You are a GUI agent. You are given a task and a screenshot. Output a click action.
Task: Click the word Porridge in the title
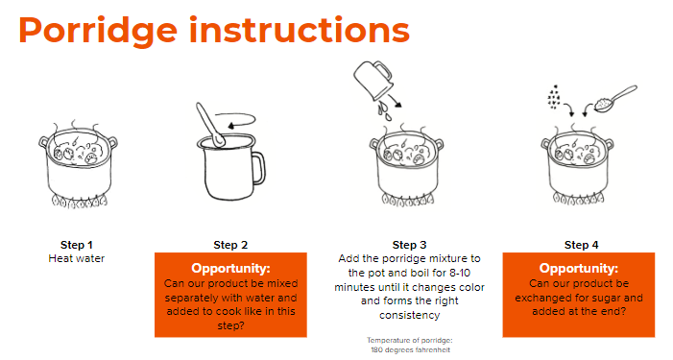pyautogui.click(x=98, y=32)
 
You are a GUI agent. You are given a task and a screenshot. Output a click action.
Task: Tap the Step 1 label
pyautogui.click(x=77, y=245)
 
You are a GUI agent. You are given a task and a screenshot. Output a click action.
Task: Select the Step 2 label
pyautogui.click(x=230, y=245)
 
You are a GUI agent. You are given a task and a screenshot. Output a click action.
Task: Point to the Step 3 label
pyautogui.click(x=410, y=245)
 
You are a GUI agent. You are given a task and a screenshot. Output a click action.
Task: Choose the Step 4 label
pyautogui.click(x=581, y=245)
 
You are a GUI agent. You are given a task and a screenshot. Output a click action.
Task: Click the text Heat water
pyautogui.click(x=77, y=258)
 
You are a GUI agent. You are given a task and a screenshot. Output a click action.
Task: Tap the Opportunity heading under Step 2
pyautogui.click(x=231, y=268)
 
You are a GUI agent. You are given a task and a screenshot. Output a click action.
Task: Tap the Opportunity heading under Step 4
pyautogui.click(x=579, y=268)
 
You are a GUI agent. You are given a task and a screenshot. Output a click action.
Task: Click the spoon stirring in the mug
pyautogui.click(x=210, y=125)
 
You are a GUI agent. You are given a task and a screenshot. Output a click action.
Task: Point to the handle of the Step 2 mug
pyautogui.click(x=259, y=169)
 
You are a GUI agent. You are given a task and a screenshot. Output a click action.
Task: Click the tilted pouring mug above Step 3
pyautogui.click(x=373, y=81)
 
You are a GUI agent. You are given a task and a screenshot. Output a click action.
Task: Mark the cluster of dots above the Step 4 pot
pyautogui.click(x=554, y=97)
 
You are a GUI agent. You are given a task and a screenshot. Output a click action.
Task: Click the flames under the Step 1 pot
pyautogui.click(x=80, y=201)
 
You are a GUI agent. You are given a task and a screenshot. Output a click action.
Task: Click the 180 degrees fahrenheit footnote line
pyautogui.click(x=410, y=350)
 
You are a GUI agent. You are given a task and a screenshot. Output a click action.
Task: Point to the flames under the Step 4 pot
pyautogui.click(x=578, y=198)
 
